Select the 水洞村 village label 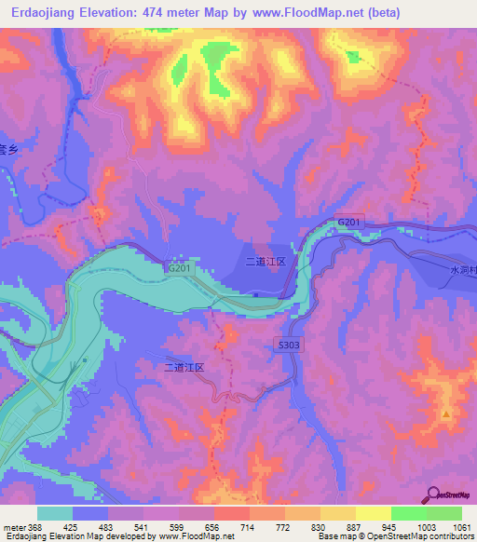click(x=462, y=269)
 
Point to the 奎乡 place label click(x=8, y=149)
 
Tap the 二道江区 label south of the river click(x=184, y=369)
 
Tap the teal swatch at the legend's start click(x=55, y=513)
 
